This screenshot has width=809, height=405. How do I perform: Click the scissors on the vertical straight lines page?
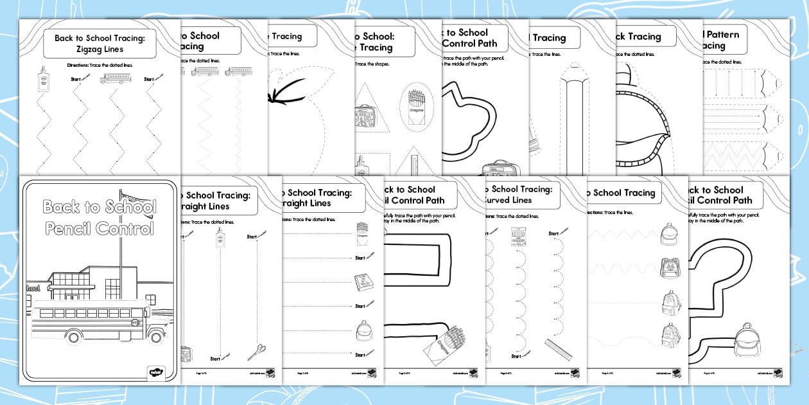256,352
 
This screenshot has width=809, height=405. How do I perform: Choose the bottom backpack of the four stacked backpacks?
669,334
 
